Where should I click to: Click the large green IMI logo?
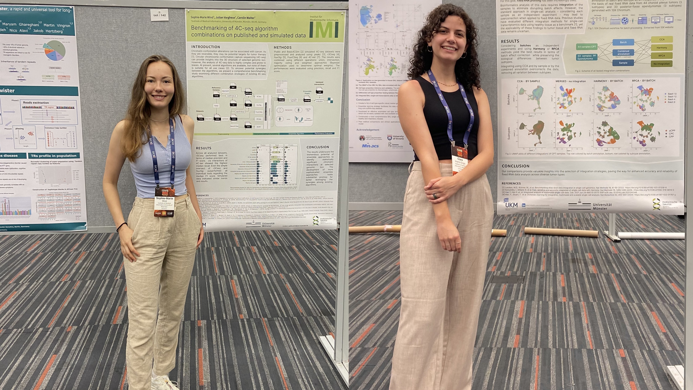click(x=324, y=30)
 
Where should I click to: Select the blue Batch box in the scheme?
click(x=623, y=42)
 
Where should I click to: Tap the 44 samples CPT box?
click(x=586, y=47)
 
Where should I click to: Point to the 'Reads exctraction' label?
click(x=36, y=103)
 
